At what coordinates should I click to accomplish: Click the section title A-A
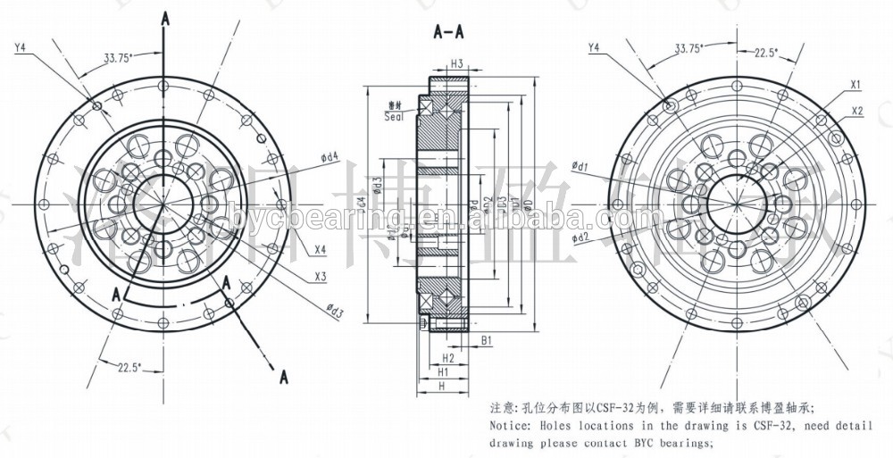click(x=447, y=33)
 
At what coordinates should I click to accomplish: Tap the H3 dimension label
click(x=455, y=63)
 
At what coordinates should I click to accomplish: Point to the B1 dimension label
click(x=487, y=340)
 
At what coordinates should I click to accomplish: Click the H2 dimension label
click(x=448, y=357)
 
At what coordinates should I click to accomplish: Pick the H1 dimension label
click(x=443, y=371)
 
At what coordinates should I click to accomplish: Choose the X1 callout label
click(x=855, y=85)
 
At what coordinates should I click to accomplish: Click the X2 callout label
click(x=857, y=111)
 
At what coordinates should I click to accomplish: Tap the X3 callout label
click(x=320, y=277)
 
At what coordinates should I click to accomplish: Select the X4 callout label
click(x=320, y=249)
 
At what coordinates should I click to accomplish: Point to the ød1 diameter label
click(x=579, y=166)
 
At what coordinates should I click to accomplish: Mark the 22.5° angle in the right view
click(x=764, y=52)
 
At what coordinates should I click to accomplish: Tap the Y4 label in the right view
click(x=595, y=46)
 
